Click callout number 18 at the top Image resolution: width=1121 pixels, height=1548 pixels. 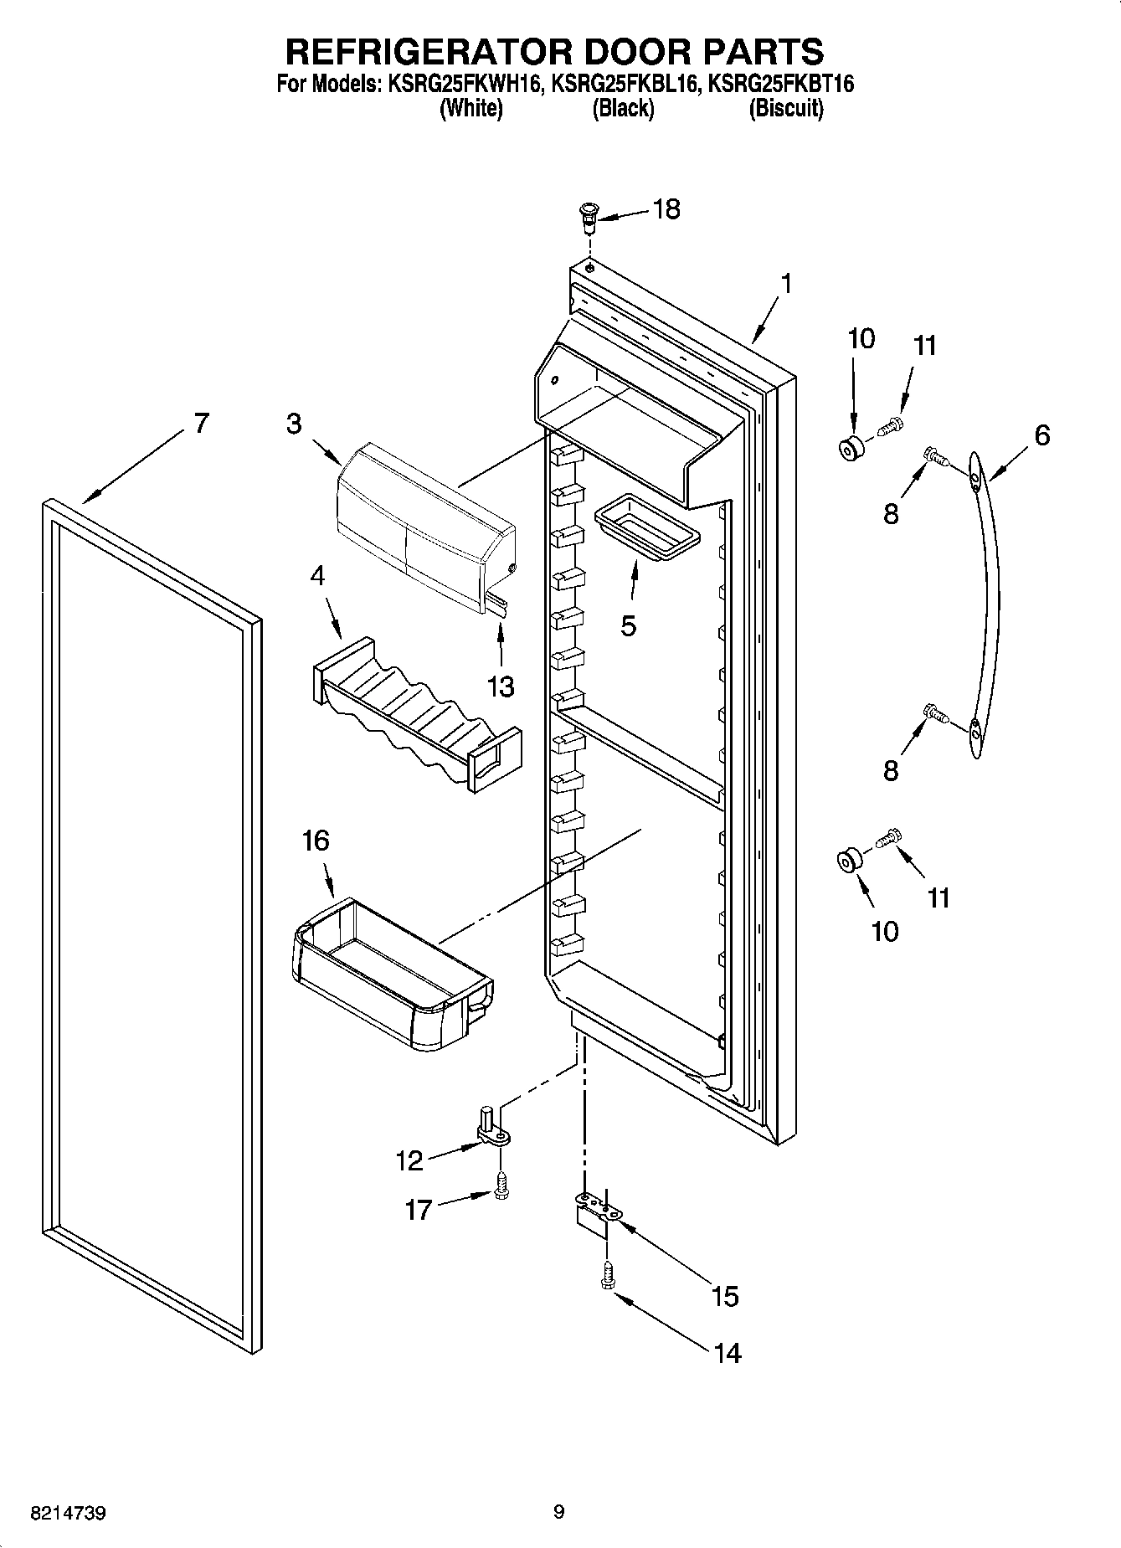[x=666, y=209]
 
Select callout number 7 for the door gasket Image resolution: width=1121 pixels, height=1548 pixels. [x=201, y=424]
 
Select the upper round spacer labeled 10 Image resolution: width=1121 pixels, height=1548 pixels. [x=852, y=447]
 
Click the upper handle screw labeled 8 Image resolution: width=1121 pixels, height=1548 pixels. [x=935, y=456]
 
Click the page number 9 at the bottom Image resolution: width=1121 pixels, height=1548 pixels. [x=559, y=1512]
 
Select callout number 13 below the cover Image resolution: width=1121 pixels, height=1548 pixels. [x=501, y=687]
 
